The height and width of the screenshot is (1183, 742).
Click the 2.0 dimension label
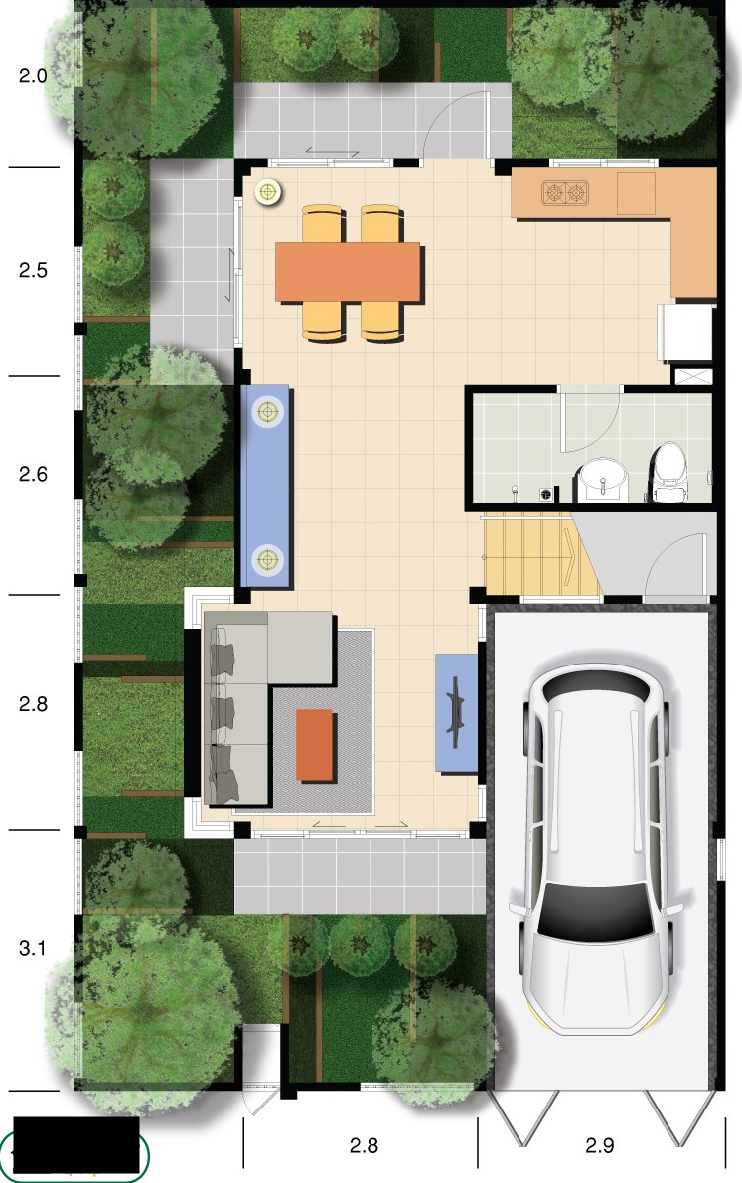pyautogui.click(x=33, y=75)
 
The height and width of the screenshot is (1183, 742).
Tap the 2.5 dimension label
pyautogui.click(x=33, y=270)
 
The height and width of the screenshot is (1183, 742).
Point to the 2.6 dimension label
pyautogui.click(x=33, y=474)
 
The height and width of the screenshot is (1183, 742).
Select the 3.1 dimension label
pyautogui.click(x=33, y=948)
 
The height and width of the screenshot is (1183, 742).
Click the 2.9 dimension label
pyautogui.click(x=599, y=1145)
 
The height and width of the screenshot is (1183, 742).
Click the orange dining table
pyautogui.click(x=348, y=272)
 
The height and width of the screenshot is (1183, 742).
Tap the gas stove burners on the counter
pyautogui.click(x=564, y=193)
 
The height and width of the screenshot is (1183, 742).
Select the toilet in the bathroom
pyautogui.click(x=668, y=472)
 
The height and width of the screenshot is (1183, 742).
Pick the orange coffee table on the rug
pyautogui.click(x=315, y=745)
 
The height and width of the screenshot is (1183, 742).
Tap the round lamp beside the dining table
pyautogui.click(x=267, y=193)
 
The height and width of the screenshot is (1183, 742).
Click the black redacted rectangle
pyautogui.click(x=77, y=1144)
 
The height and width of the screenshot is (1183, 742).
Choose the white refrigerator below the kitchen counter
pyautogui.click(x=686, y=332)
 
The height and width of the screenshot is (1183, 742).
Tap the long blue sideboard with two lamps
pyautogui.click(x=265, y=486)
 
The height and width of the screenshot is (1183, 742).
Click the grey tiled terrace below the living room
pyautogui.click(x=360, y=875)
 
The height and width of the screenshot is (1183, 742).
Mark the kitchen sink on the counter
pyautogui.click(x=637, y=193)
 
